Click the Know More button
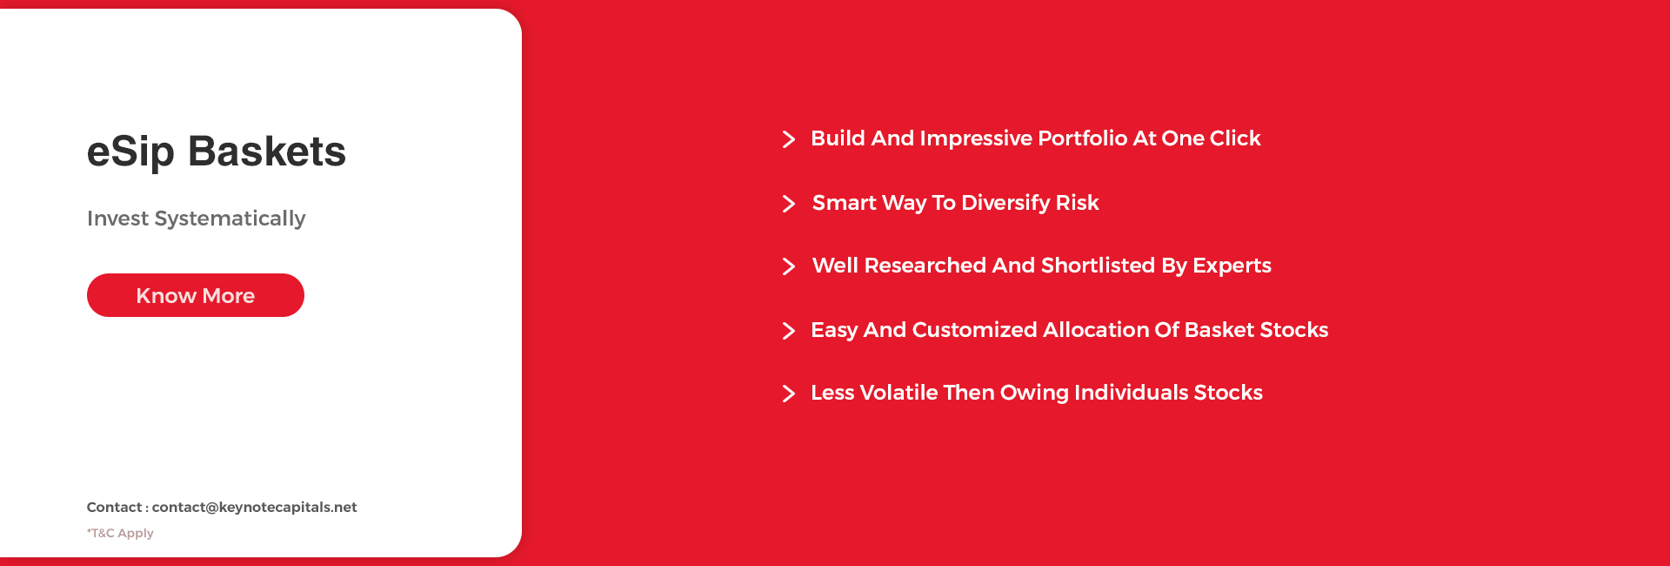coord(196,295)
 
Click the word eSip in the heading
coord(130,152)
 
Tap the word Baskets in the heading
coord(267,152)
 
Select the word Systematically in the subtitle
coord(230,219)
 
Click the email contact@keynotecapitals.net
coord(254,507)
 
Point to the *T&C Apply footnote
coord(120,533)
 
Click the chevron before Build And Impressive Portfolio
coord(789,139)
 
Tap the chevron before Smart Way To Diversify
coord(789,204)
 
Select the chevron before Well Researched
coord(789,266)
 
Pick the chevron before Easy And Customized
coord(789,331)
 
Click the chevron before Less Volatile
coord(789,394)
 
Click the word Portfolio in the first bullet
coord(1083,138)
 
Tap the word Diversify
coord(1005,203)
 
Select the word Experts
coord(1232,266)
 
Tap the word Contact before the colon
coord(114,507)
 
